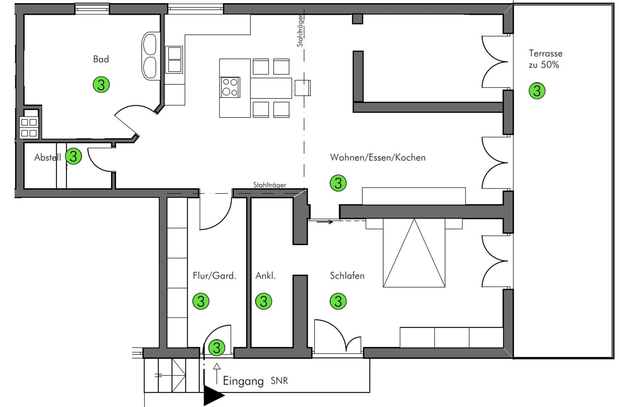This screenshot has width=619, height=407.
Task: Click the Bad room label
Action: [101, 59]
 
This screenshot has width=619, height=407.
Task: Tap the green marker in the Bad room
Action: [101, 85]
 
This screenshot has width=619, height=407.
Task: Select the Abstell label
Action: [48, 157]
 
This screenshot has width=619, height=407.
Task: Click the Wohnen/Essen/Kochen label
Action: [378, 157]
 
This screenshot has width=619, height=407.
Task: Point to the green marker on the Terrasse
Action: [537, 91]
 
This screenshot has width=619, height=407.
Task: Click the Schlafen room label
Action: [347, 276]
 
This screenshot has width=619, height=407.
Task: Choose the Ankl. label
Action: [266, 276]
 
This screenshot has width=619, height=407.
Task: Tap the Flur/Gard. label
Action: [214, 276]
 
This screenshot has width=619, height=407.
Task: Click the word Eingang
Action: [243, 381]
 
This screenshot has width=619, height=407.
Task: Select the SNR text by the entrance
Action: [279, 381]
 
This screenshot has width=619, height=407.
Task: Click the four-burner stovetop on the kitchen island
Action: [230, 87]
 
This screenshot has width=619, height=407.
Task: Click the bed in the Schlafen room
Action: [414, 253]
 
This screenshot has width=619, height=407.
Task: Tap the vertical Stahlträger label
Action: [300, 31]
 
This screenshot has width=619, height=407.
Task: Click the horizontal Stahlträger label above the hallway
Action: [270, 185]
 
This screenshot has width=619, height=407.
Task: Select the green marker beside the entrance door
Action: [217, 348]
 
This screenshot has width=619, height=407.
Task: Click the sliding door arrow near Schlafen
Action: [325, 222]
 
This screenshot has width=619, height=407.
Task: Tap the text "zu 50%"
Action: [544, 65]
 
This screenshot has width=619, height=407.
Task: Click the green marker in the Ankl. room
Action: [263, 301]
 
